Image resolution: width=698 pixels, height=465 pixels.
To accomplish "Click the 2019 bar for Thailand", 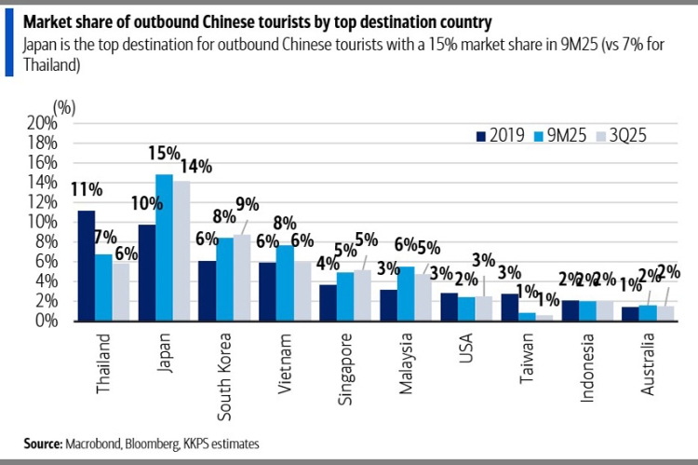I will [86, 266].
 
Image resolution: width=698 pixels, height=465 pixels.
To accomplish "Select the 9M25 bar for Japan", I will [164, 247].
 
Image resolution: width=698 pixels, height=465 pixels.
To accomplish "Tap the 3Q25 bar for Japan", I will [181, 251].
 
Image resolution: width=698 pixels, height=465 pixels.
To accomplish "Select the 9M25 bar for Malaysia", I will [408, 294].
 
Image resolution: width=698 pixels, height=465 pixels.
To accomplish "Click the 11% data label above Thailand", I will [86, 190].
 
